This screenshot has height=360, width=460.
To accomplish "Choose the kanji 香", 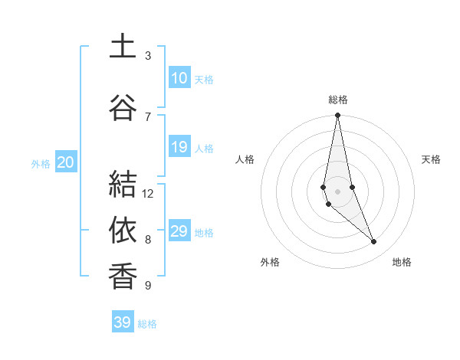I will point(123,277).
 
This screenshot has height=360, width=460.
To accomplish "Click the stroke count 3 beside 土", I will point(148,56).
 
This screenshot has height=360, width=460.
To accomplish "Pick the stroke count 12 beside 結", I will point(148,194).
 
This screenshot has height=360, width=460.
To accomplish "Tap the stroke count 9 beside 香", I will point(148,286).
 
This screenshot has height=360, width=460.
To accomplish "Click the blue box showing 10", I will point(179,78).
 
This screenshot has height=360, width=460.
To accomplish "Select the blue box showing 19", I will point(179,147).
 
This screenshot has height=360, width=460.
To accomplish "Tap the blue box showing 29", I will point(179,231).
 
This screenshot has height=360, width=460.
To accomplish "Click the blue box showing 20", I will point(66,162).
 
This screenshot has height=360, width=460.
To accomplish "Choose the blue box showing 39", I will point(123,322).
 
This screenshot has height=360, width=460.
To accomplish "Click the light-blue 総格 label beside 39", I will point(147,324).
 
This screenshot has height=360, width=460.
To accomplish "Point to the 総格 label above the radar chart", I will point(338,100).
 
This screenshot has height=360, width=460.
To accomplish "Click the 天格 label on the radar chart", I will point(432,159).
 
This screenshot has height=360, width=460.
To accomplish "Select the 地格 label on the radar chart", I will point(402,262).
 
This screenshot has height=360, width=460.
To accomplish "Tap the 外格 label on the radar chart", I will point(270,262).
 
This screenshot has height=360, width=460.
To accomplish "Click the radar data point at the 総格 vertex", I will point(337,116).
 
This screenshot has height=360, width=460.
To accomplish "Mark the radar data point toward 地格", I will point(374,242).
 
